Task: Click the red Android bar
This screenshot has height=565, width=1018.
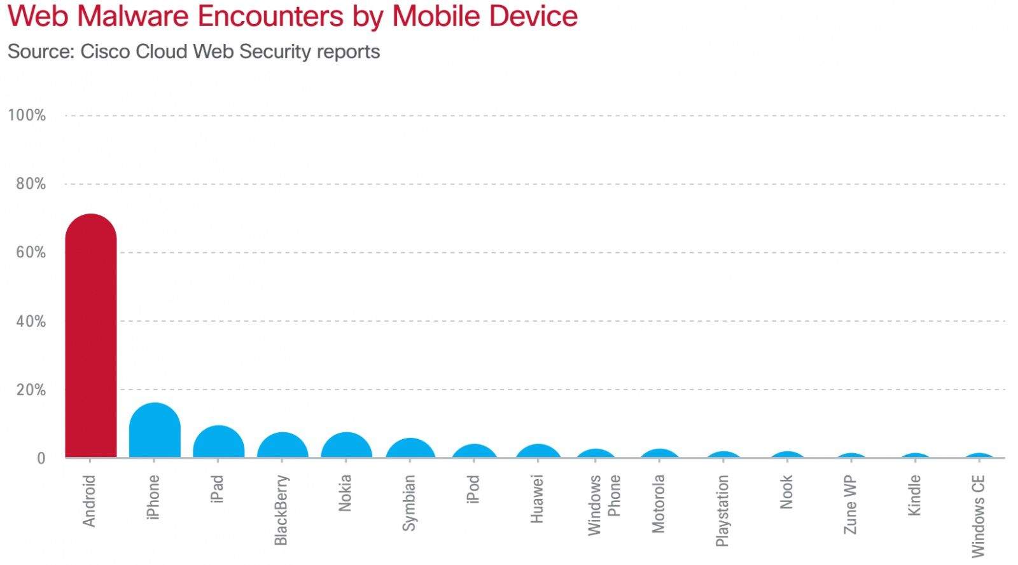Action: click(x=91, y=337)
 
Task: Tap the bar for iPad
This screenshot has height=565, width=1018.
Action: click(x=218, y=442)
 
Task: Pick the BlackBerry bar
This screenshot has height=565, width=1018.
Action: click(x=282, y=446)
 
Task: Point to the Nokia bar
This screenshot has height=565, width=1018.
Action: click(x=346, y=446)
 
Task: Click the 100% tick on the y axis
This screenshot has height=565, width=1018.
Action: click(x=27, y=116)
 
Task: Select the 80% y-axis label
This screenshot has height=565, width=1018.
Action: click(x=31, y=184)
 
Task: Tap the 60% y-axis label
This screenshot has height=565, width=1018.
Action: click(x=31, y=253)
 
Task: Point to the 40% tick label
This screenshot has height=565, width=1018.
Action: click(x=31, y=322)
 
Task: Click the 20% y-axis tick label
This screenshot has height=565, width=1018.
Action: click(x=31, y=390)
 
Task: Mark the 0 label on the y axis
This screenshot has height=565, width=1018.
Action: click(x=41, y=458)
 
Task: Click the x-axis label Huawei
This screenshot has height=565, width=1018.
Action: click(x=538, y=499)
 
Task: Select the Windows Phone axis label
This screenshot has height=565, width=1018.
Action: click(x=604, y=505)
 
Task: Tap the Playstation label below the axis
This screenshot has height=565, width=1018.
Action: click(x=722, y=510)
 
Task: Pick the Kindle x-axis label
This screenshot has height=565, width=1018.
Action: click(x=914, y=495)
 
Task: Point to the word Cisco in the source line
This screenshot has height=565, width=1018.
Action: click(x=105, y=51)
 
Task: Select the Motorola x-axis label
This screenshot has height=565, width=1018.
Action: click(x=659, y=503)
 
